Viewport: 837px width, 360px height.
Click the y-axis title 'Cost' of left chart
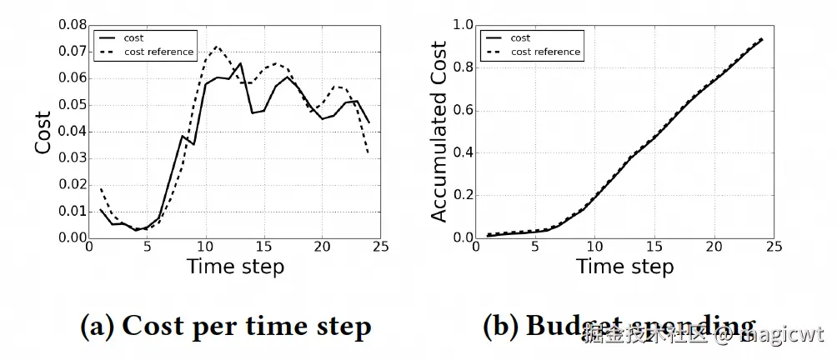pyautogui.click(x=43, y=131)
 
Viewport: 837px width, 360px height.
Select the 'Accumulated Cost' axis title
pyautogui.click(x=439, y=131)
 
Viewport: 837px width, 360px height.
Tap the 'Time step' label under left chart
pyautogui.click(x=235, y=267)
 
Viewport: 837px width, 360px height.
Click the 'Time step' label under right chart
pyautogui.click(x=624, y=267)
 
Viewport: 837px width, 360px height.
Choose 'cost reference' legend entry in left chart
pyautogui.click(x=158, y=52)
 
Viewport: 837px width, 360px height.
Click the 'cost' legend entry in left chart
pyautogui.click(x=132, y=38)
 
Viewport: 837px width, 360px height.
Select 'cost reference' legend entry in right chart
pyautogui.click(x=545, y=52)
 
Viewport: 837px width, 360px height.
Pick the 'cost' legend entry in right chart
pyautogui.click(x=520, y=38)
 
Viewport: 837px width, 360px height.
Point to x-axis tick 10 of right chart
pyautogui.click(x=594, y=247)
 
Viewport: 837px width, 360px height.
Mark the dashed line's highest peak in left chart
pyautogui.click(x=216, y=47)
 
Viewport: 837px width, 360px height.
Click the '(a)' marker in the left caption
pyautogui.click(x=97, y=326)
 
